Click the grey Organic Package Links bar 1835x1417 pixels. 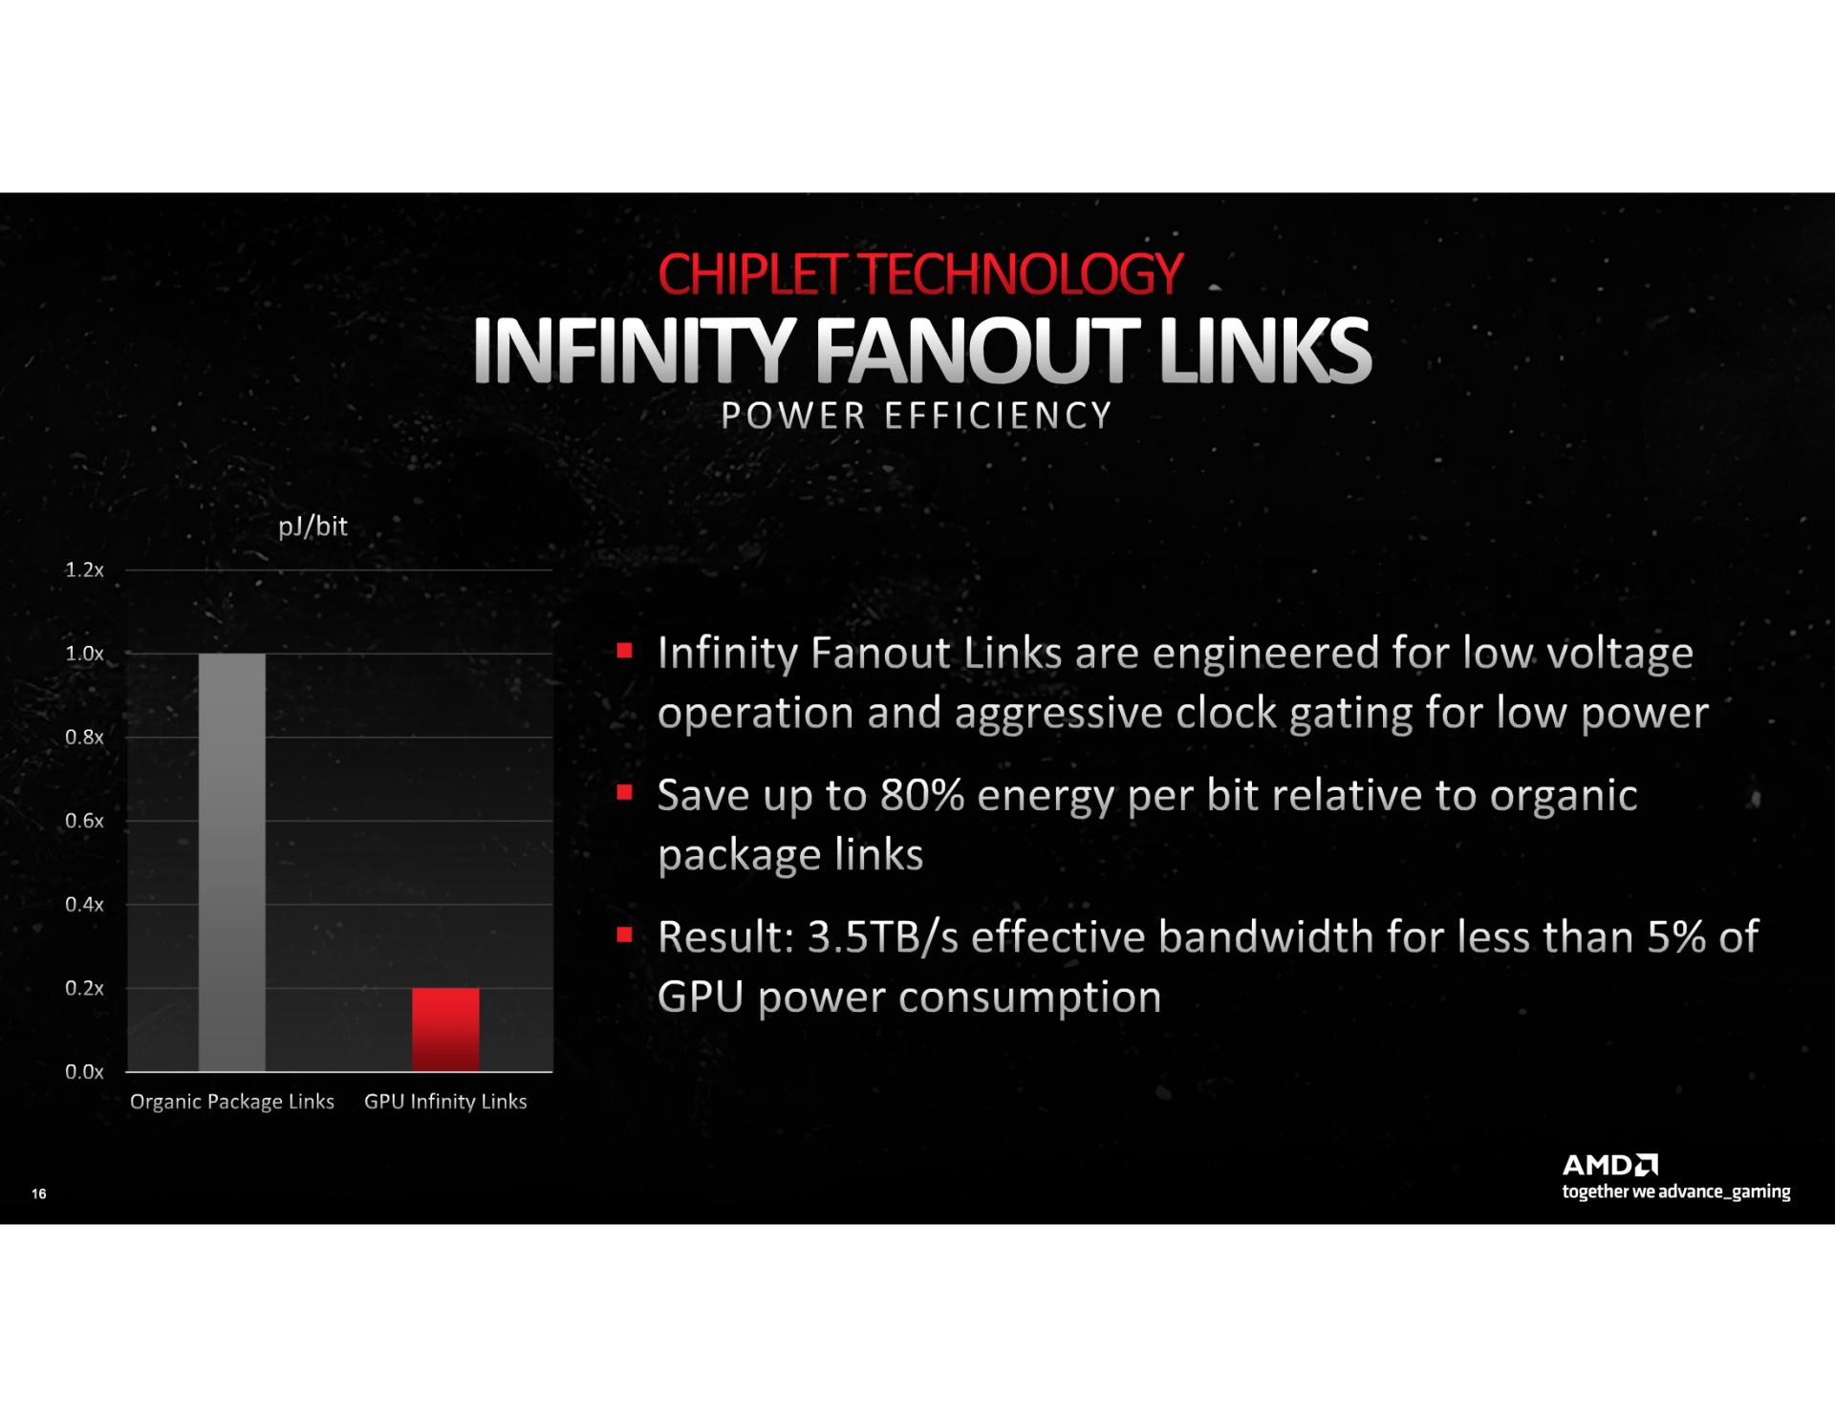(x=232, y=862)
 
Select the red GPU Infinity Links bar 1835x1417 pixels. (x=445, y=1029)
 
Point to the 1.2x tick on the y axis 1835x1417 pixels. (x=84, y=569)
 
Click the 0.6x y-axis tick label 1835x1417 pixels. (x=84, y=821)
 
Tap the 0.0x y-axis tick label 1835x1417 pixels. (x=84, y=1071)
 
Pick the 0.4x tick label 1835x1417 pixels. (x=84, y=904)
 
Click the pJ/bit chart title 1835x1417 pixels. (x=313, y=526)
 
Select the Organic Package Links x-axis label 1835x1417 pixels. (x=232, y=1102)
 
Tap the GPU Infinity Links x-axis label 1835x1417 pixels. (x=445, y=1102)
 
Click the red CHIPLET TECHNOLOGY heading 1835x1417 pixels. (x=920, y=274)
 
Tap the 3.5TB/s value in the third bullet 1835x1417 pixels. (x=883, y=937)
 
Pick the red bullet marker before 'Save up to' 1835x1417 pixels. (x=625, y=792)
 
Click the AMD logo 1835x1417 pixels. (x=1610, y=1165)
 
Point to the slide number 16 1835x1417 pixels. (x=39, y=1193)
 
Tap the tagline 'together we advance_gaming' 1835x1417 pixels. (x=1676, y=1192)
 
